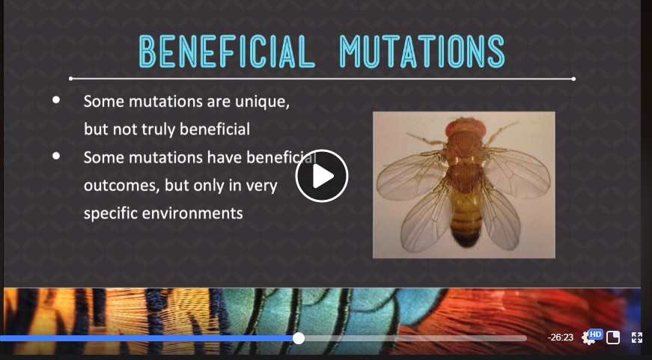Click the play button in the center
pos(321,176)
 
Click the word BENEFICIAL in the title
pos(227,52)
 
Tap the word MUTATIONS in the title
pos(422,52)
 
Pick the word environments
pos(192,213)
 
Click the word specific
pos(110,213)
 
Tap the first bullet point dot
pos(56,100)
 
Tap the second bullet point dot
pos(56,156)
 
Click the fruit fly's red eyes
pos(466,128)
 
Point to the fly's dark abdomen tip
pos(466,239)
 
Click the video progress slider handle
pos(299,338)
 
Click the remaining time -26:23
pos(561,338)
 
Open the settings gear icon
pos(587,338)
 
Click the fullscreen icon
pos(637,338)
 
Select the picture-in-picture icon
pos(613,338)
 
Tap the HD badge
pos(595,335)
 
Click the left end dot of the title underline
pos(70,79)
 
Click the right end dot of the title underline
pos(574,79)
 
